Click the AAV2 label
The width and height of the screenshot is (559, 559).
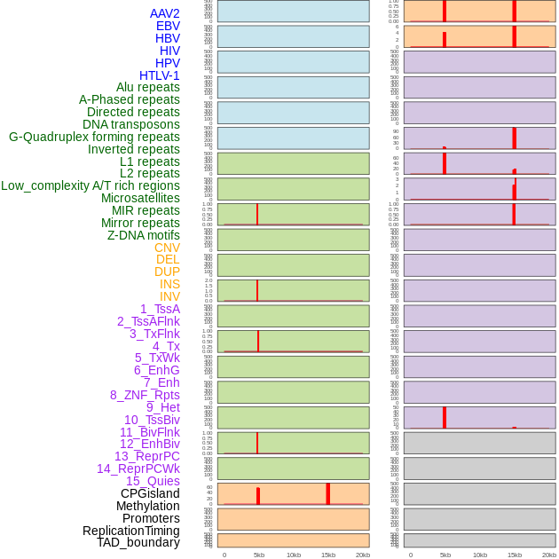click(x=165, y=13)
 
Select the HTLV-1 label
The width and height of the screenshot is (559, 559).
click(x=160, y=75)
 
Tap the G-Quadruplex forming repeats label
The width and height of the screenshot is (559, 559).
click(x=94, y=137)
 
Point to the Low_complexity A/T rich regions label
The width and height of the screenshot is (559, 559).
click(x=91, y=185)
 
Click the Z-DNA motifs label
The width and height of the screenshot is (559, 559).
click(x=144, y=235)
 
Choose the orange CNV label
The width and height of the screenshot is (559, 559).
click(x=167, y=248)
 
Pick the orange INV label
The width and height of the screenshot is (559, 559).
click(x=169, y=296)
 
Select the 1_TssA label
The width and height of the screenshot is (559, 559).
click(x=160, y=309)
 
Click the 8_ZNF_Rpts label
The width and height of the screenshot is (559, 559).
click(x=145, y=395)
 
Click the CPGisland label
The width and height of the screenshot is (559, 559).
click(x=150, y=493)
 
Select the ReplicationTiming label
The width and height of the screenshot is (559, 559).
click(x=131, y=531)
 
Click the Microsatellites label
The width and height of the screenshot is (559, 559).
click(x=140, y=198)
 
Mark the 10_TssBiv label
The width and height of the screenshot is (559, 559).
click(x=152, y=420)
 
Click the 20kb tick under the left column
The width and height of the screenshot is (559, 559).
click(x=363, y=555)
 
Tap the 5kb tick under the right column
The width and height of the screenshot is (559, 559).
click(x=445, y=555)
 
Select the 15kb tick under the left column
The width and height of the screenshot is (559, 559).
click(x=328, y=555)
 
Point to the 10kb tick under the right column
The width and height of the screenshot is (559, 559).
click(x=480, y=555)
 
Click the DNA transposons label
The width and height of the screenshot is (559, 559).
click(x=131, y=124)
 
